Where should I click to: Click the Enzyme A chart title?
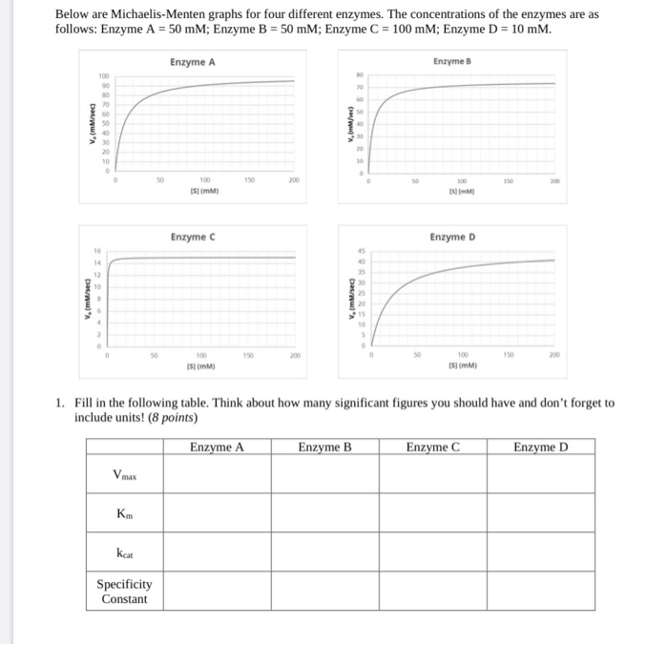[x=193, y=62]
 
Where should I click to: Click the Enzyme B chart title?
[x=452, y=61]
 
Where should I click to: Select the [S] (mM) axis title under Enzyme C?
[x=199, y=364]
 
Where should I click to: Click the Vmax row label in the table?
[x=124, y=475]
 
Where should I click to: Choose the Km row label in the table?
[x=124, y=515]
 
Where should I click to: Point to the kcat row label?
[x=124, y=552]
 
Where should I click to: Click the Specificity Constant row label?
[x=124, y=592]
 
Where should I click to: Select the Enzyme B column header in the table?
[x=324, y=447]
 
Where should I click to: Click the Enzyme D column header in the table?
[x=540, y=447]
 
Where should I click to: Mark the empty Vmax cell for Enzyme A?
[x=217, y=475]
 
